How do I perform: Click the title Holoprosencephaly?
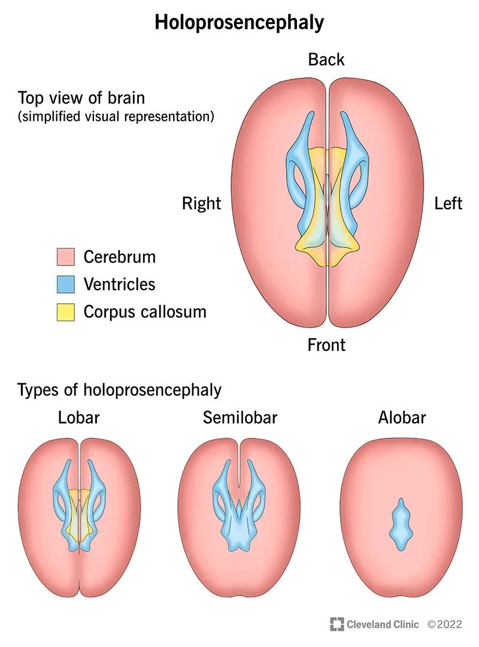point(239,22)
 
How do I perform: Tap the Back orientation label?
point(326,60)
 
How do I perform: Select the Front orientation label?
point(326,345)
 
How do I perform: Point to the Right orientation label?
point(201,203)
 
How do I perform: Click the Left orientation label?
point(448,203)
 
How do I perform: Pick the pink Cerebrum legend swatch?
point(66,257)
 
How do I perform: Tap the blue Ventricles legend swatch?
point(66,285)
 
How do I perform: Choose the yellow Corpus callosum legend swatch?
point(66,312)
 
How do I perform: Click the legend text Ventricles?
point(119,285)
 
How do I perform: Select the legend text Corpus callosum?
point(145,312)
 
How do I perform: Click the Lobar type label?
point(79,417)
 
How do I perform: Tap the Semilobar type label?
point(240,417)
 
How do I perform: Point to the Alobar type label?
point(402,417)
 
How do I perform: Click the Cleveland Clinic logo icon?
point(336,624)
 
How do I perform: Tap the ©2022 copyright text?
point(445,624)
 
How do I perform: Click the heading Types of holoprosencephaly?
point(120,390)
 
